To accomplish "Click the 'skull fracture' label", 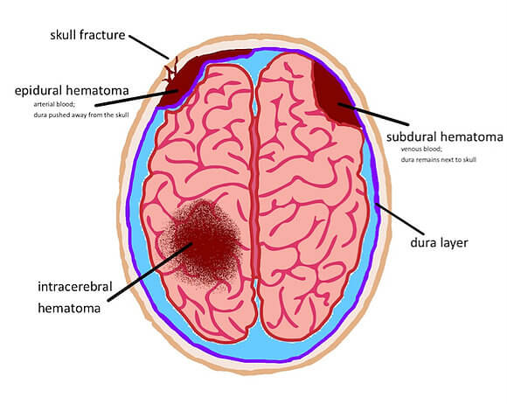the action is pos(87,35).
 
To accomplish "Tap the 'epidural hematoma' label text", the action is pos(72,91).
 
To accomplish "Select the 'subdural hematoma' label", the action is pos(445,136).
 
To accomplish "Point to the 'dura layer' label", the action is pos(439,242).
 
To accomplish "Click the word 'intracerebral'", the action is pos(75,287).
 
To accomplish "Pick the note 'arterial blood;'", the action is pos(54,104).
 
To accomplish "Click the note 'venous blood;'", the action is pos(421,150).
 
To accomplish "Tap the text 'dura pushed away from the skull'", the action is pos(81,115).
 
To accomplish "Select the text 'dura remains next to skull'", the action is pos(439,159).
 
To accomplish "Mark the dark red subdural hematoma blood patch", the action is pos(335,94).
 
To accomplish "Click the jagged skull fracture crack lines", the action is pos(170,71).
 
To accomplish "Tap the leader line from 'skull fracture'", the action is pos(149,47).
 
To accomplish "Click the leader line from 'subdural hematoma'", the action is pos(373,115).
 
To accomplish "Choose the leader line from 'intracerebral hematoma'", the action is pos(150,272).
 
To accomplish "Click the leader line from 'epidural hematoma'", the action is pos(136,98).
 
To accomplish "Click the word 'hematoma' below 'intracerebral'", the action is pos(69,308).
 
